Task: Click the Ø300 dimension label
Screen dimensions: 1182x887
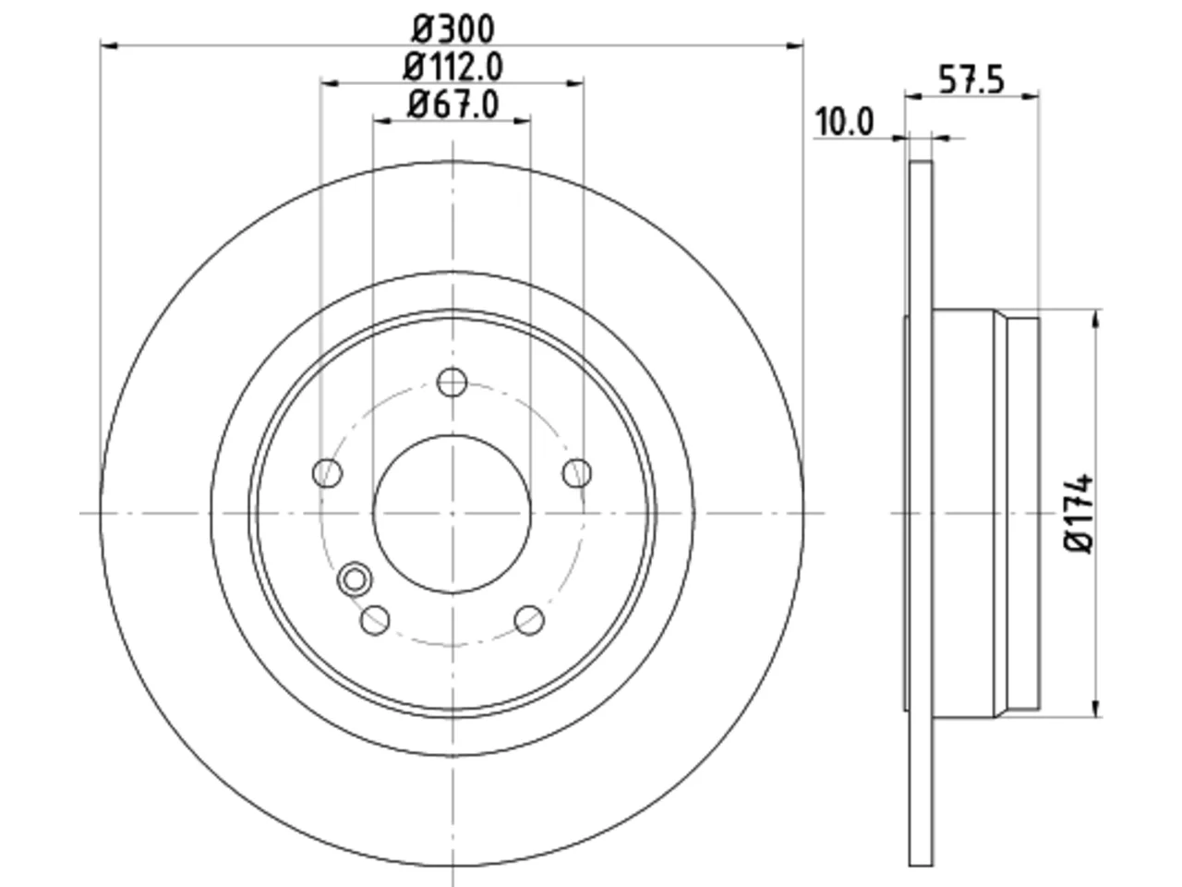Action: [x=452, y=29]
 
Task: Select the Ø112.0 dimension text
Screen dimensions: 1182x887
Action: [x=452, y=67]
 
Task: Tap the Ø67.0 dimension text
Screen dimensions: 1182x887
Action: [x=452, y=103]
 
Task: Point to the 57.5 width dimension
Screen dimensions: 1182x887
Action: [x=971, y=79]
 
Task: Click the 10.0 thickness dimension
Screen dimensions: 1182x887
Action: [x=844, y=122]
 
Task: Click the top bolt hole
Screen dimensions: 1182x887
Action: [x=452, y=383]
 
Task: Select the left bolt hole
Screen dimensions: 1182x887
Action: [x=327, y=473]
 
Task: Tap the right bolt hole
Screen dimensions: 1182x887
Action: [x=577, y=473]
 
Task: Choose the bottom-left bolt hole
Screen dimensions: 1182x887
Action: [x=375, y=620]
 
